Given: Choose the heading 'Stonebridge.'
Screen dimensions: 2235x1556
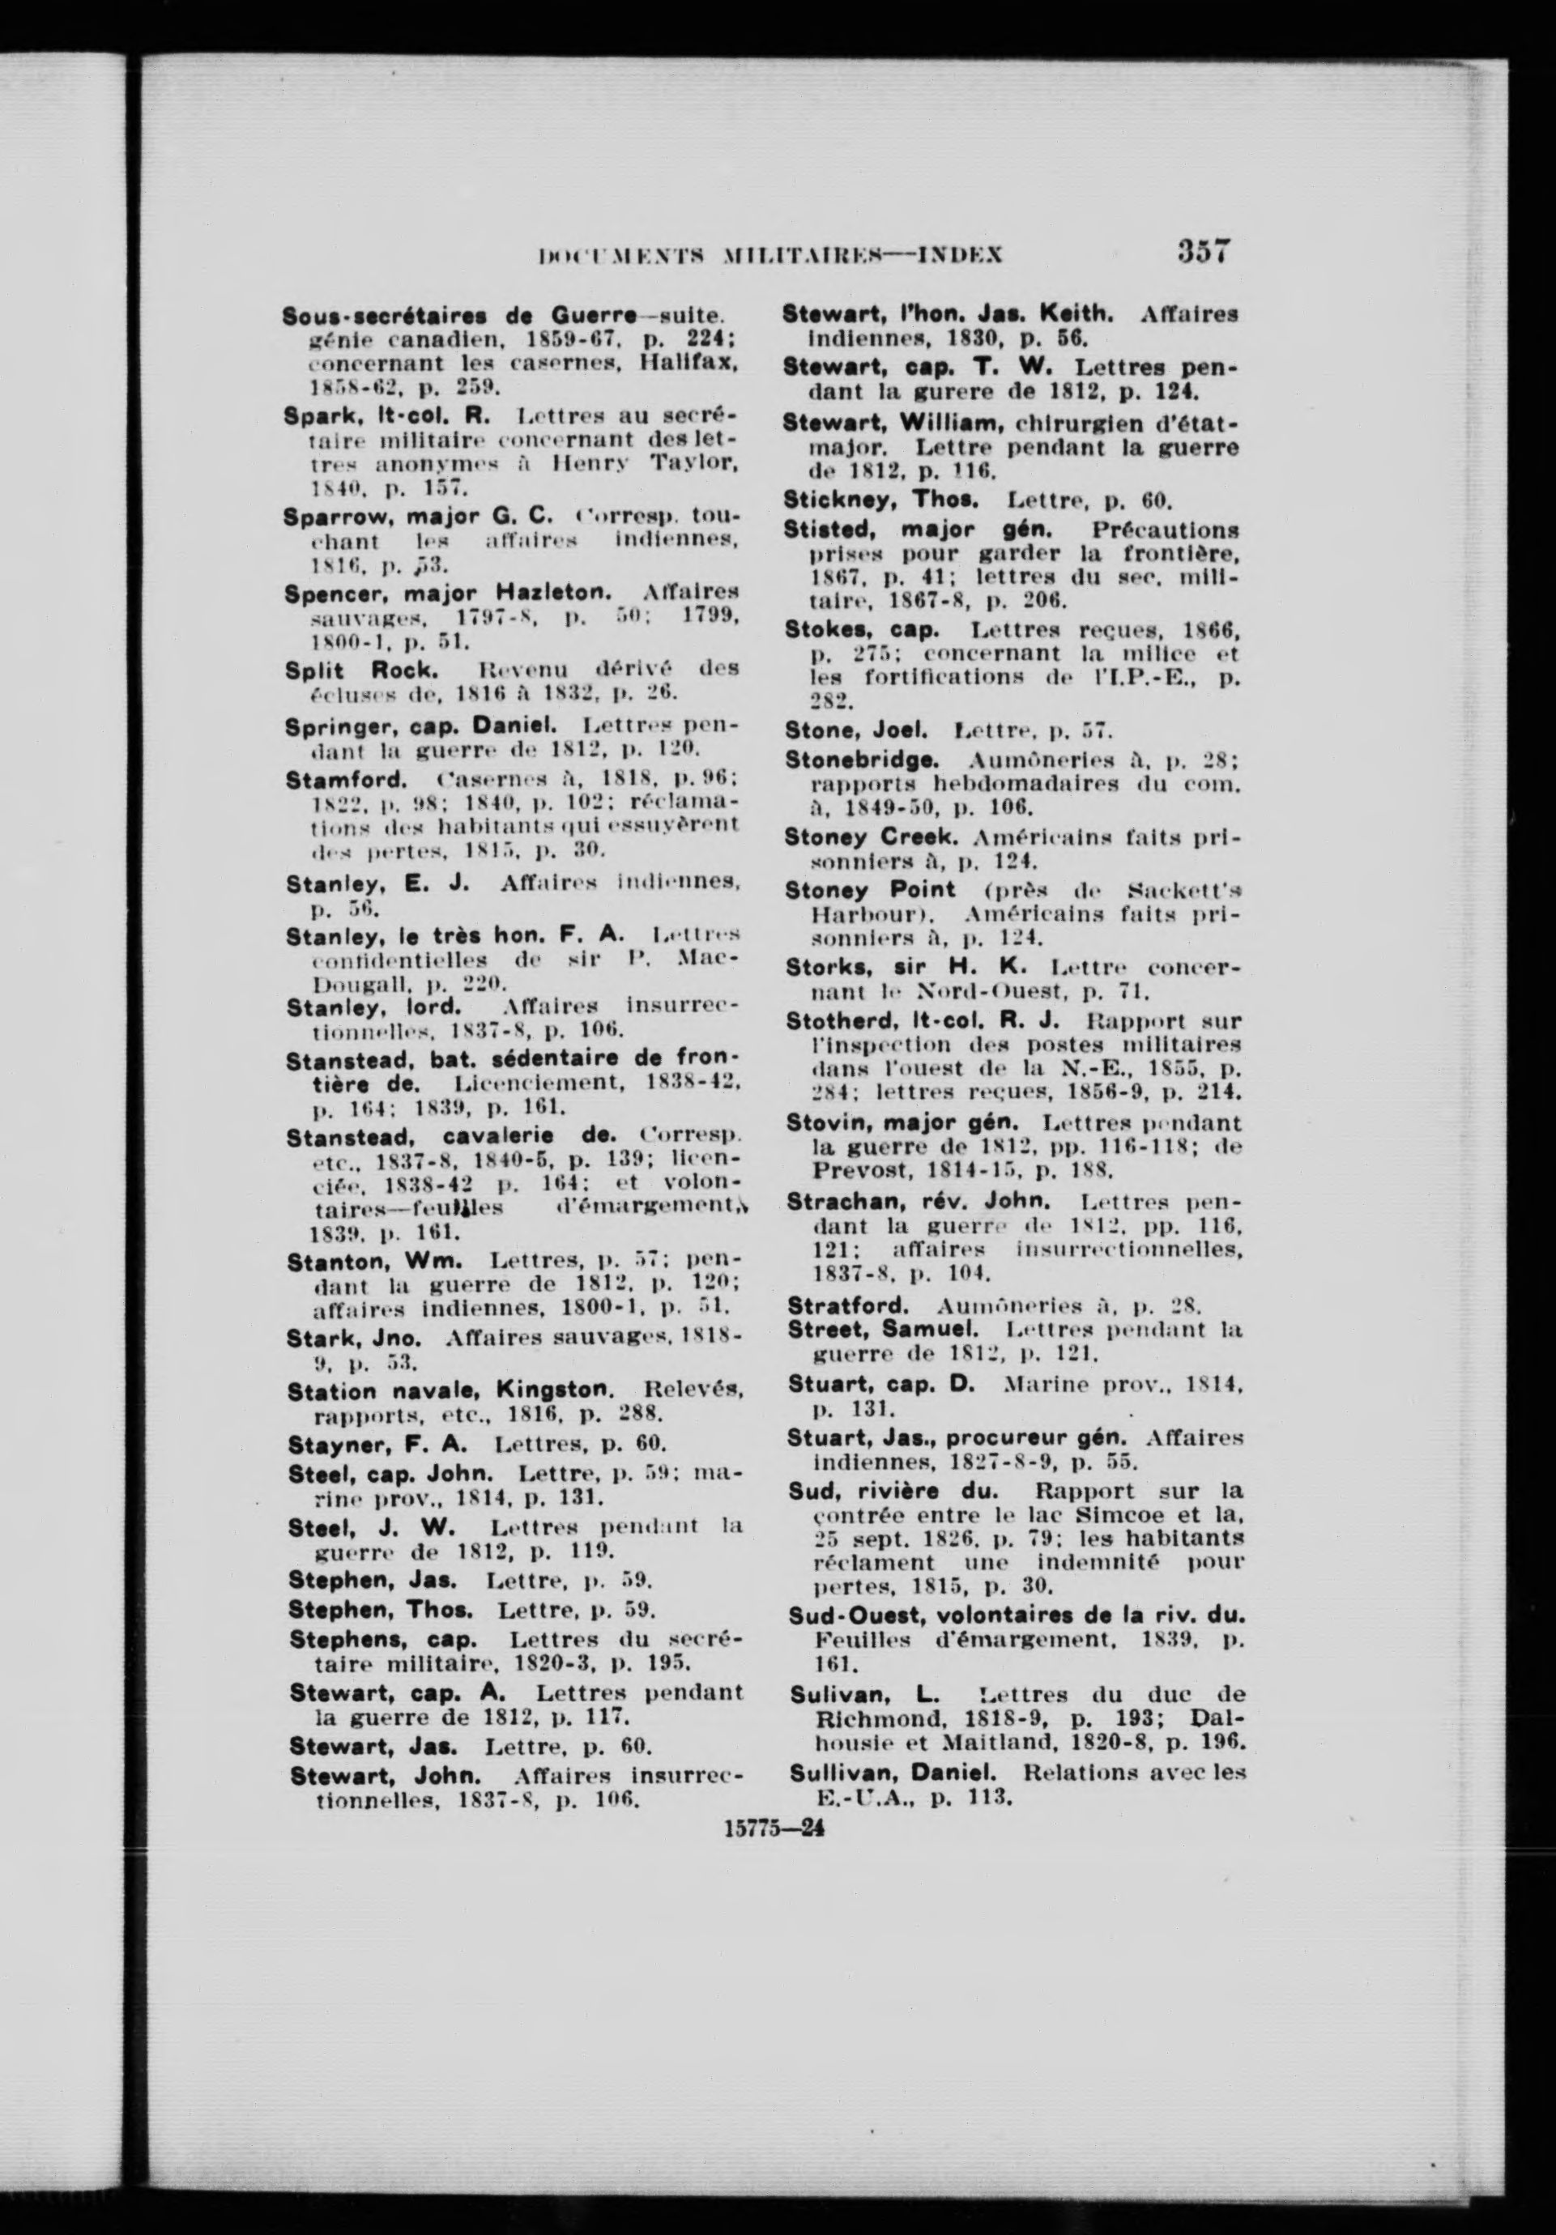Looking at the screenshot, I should tap(862, 758).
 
